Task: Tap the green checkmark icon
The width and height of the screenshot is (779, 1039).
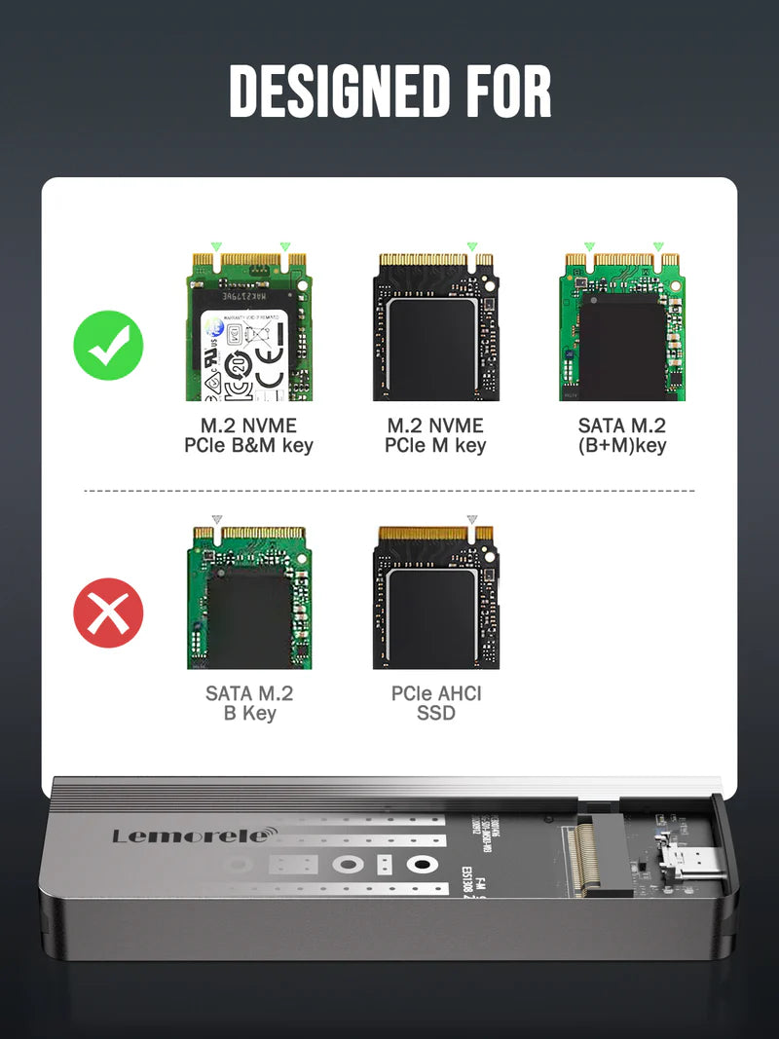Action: pos(108,345)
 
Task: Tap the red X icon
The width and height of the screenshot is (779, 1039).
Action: pos(108,612)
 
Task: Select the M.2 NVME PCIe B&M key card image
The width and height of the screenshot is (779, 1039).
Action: pos(248,327)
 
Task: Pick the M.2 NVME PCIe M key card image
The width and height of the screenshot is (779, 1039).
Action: pos(435,327)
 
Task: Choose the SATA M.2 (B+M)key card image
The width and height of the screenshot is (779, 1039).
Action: pos(621,327)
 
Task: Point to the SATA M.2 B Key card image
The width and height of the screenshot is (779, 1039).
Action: pos(248,598)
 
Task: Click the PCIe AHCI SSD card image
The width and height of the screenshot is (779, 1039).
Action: pos(435,598)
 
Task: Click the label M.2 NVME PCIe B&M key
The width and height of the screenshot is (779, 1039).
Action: pos(248,436)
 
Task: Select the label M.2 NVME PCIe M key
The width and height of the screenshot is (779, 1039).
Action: pos(435,436)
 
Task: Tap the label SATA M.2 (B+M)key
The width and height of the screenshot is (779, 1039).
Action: pos(621,436)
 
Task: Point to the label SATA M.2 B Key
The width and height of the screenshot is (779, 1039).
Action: pos(248,703)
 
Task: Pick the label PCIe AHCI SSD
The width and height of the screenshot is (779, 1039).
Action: pos(435,703)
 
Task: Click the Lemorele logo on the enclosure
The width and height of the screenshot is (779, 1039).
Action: pos(194,835)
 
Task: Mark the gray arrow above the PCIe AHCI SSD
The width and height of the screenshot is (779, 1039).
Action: pos(472,520)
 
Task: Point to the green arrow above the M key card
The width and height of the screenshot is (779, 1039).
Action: pos(472,247)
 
